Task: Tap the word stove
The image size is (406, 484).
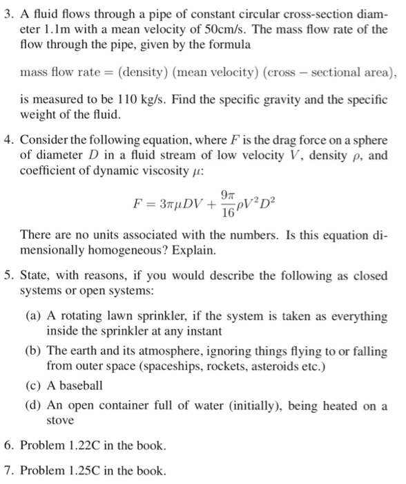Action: coord(60,419)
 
